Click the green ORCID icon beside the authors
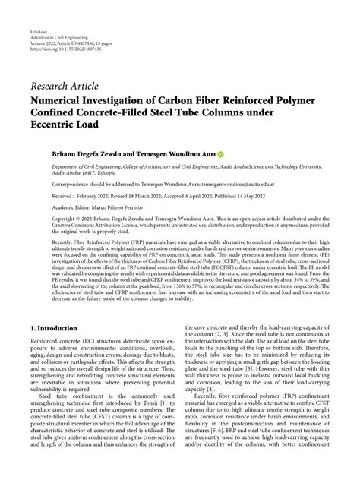[x=221, y=154]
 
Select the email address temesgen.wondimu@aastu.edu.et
[x=236, y=183]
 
